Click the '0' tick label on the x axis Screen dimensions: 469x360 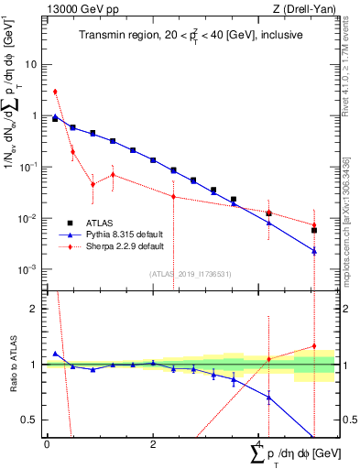pyautogui.click(x=47, y=443)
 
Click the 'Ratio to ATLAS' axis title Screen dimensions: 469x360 pyautogui.click(x=12, y=365)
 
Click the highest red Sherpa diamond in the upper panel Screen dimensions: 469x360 pyautogui.click(x=55, y=92)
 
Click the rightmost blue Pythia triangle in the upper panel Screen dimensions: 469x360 pyautogui.click(x=314, y=251)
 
